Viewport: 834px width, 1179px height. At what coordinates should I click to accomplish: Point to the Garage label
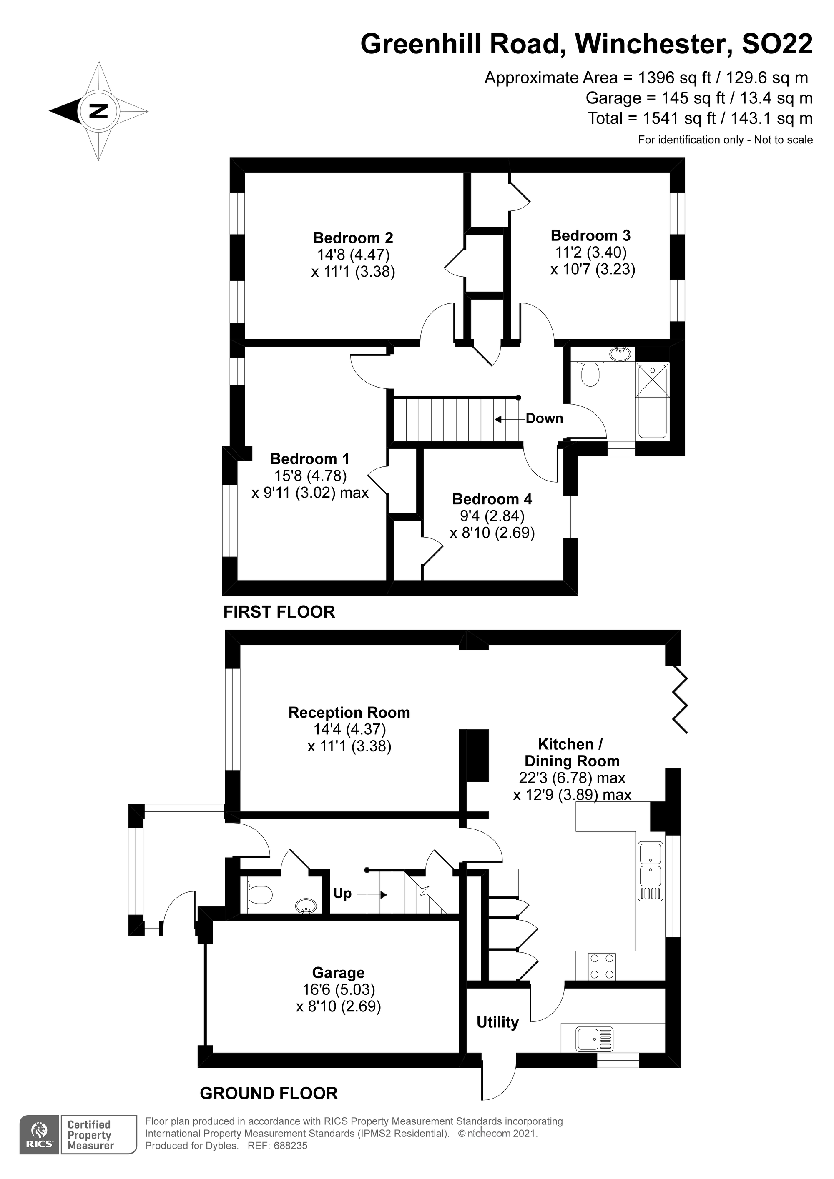[x=338, y=973]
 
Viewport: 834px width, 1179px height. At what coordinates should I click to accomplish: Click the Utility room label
[x=497, y=1022]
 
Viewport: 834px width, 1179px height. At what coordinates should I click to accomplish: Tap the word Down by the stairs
[x=544, y=418]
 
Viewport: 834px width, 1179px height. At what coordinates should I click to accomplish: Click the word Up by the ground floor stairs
[x=342, y=894]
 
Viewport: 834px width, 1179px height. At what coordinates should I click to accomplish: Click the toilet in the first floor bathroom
[x=590, y=374]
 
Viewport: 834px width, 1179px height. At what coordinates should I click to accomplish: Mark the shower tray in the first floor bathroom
[x=652, y=380]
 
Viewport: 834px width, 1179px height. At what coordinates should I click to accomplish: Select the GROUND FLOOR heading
[x=268, y=1093]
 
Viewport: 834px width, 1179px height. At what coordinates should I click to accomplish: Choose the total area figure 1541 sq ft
[x=679, y=119]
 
